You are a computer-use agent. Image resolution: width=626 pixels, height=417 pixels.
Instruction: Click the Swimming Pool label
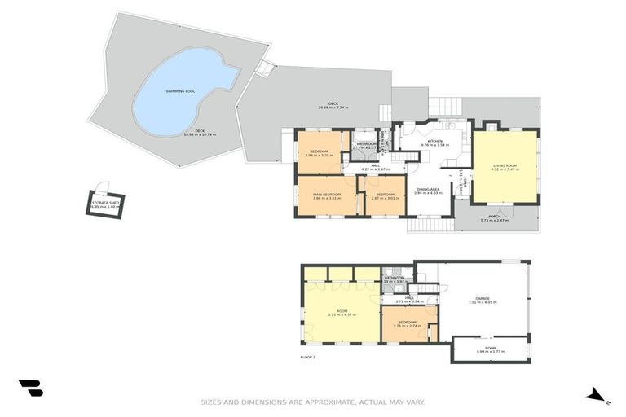click(x=179, y=91)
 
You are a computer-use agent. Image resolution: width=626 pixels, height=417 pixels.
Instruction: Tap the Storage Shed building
click(x=105, y=204)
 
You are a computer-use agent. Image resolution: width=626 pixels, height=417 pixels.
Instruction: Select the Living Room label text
click(x=505, y=166)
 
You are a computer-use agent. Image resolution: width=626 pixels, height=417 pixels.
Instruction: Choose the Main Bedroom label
click(x=326, y=195)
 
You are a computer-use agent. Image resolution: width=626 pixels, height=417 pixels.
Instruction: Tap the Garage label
click(x=483, y=299)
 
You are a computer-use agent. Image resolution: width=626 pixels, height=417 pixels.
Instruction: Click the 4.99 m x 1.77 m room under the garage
click(x=490, y=351)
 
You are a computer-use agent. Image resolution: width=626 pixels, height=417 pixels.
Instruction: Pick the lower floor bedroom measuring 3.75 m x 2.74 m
click(x=408, y=326)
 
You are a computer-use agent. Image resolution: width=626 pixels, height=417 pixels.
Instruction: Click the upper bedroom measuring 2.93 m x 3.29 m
click(x=318, y=155)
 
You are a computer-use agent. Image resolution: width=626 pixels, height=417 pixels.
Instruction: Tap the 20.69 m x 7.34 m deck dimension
click(x=333, y=108)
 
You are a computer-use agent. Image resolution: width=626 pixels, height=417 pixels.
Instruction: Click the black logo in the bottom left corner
click(x=30, y=388)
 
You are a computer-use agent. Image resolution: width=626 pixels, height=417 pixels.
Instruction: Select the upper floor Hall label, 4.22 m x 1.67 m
click(x=375, y=169)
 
